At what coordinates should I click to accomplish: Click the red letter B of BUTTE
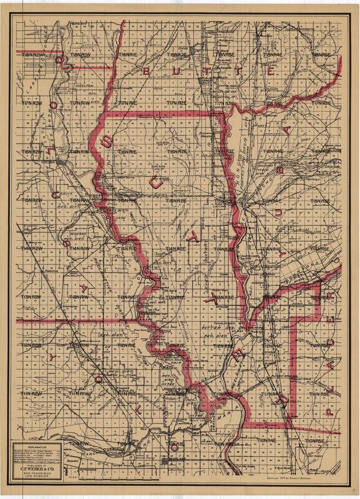coord(148,72)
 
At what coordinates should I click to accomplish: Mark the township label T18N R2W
coord(31,55)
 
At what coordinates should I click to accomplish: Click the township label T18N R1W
coord(80,55)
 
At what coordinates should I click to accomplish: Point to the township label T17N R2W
coord(31,101)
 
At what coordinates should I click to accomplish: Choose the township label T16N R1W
coord(80,150)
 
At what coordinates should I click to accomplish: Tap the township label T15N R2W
coord(31,200)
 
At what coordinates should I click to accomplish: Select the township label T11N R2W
coord(31,394)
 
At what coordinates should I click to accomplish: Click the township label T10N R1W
coord(80,442)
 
